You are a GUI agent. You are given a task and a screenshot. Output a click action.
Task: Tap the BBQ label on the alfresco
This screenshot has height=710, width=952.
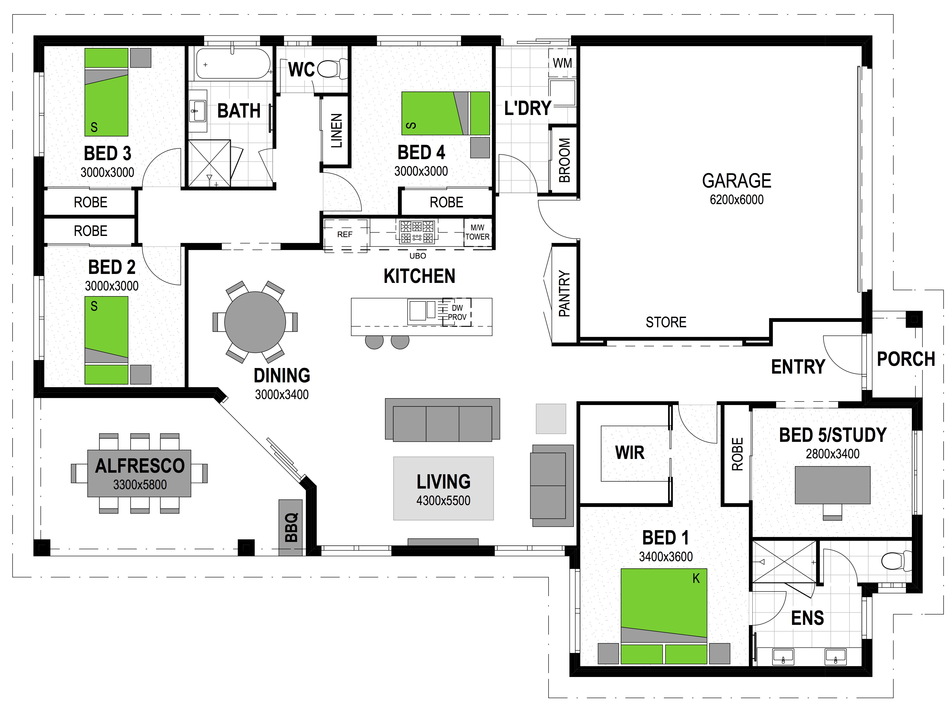click(x=291, y=527)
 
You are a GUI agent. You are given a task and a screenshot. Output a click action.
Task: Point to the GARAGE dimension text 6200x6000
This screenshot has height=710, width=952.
click(x=737, y=200)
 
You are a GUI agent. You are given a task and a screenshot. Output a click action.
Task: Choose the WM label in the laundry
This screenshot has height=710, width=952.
click(x=562, y=63)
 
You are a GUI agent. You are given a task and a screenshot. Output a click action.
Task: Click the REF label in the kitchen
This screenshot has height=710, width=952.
click(x=345, y=234)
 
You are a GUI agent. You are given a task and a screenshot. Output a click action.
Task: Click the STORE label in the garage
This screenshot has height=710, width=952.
click(x=666, y=322)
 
